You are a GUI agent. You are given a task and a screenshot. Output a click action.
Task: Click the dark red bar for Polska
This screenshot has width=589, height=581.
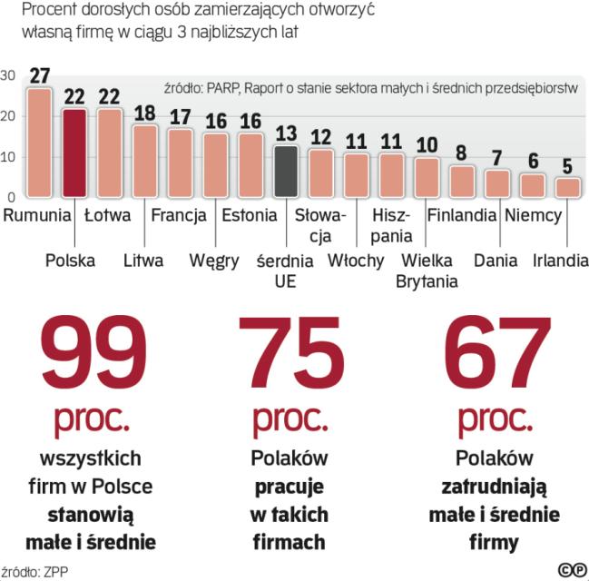pos(74,153)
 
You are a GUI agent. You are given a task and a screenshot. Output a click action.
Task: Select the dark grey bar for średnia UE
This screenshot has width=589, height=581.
pos(286,171)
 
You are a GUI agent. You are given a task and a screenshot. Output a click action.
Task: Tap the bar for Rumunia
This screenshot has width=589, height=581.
pos(39,143)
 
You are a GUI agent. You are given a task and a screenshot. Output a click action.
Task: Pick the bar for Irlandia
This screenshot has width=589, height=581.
pos(567,187)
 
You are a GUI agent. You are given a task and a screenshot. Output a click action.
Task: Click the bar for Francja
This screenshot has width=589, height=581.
pos(181,162)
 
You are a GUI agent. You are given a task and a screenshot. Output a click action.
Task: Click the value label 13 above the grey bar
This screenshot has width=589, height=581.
pos(286,133)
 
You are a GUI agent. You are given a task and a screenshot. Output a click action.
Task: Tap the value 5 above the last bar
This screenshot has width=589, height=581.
pos(567,166)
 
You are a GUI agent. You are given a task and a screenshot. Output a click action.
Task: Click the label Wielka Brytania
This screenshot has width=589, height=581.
pos(427,271)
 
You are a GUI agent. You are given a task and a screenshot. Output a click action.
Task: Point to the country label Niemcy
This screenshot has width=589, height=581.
pos(534,216)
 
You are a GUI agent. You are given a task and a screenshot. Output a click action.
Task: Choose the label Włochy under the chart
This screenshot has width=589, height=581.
pos(355,261)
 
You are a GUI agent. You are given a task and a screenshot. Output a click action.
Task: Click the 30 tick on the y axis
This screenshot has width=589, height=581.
pos(8,75)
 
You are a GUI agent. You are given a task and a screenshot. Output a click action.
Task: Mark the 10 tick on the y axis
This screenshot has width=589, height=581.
pos(8,156)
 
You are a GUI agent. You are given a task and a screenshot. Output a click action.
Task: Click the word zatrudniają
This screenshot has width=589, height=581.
pos(495,486)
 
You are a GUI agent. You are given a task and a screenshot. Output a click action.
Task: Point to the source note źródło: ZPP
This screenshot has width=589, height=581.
pos(35,571)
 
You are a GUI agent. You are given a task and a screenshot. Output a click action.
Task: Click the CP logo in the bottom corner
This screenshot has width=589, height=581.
pos(572,569)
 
